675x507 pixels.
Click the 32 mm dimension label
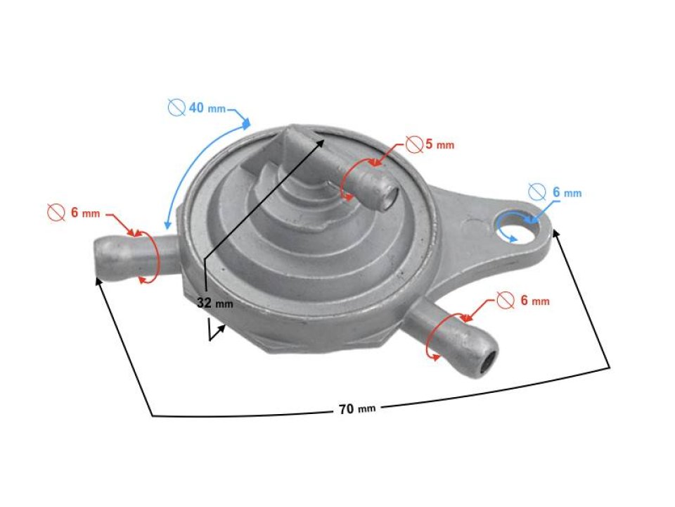pyautogui.click(x=214, y=303)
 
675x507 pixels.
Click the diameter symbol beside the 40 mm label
pyautogui.click(x=176, y=108)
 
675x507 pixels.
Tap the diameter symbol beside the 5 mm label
pyautogui.click(x=414, y=145)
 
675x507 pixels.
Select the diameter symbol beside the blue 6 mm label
pyautogui.click(x=536, y=192)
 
